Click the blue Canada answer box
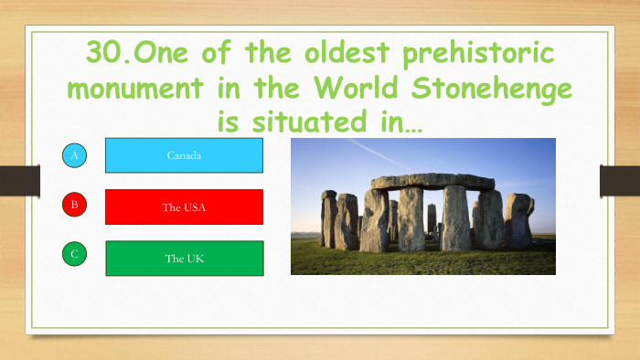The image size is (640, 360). point(184,155)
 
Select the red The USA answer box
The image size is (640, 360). point(184,206)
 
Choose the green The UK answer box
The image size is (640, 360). point(184,258)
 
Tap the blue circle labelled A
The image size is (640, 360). point(75,156)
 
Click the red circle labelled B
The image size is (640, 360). point(75,205)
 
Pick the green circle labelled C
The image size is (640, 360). point(75,254)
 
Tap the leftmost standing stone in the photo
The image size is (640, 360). point(328,218)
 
